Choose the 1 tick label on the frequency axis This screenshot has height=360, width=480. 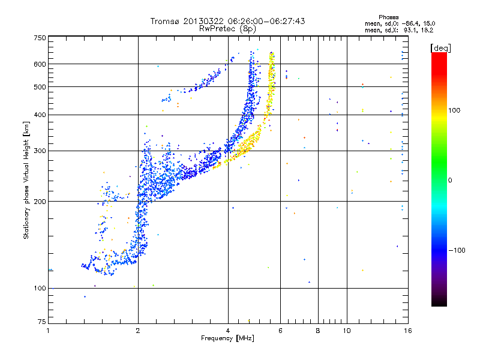[x=48, y=331]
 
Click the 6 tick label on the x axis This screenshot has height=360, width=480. [x=280, y=331]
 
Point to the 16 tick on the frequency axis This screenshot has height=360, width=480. [x=407, y=331]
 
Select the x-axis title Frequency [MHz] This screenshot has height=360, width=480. [x=227, y=338]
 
